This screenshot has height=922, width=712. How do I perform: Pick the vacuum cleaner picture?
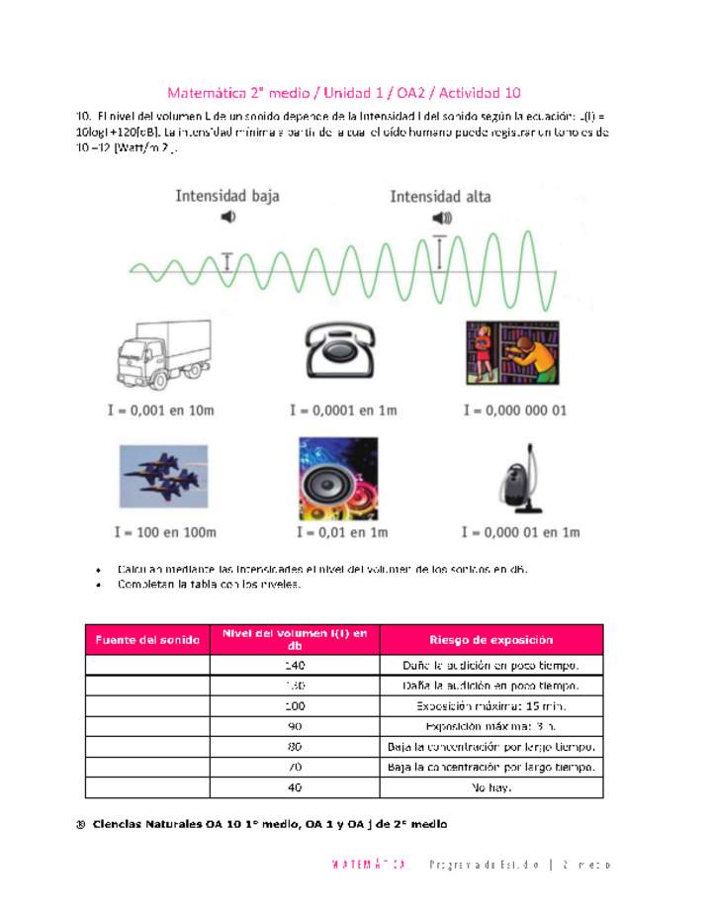click(x=520, y=479)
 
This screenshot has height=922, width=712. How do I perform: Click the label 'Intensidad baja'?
click(x=227, y=196)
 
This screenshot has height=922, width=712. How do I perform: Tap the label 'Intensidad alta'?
click(x=440, y=196)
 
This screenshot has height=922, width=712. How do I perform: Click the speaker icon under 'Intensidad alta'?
click(x=441, y=218)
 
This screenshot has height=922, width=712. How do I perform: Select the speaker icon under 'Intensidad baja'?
click(x=228, y=218)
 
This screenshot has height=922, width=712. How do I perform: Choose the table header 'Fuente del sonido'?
click(x=147, y=640)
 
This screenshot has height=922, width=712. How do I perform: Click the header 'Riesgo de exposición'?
click(x=490, y=640)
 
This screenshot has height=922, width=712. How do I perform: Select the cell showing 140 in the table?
click(x=294, y=665)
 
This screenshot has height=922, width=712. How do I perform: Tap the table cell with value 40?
click(x=294, y=787)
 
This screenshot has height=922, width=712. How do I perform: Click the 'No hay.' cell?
click(x=490, y=787)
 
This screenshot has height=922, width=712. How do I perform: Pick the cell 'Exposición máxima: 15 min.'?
click(x=490, y=705)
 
